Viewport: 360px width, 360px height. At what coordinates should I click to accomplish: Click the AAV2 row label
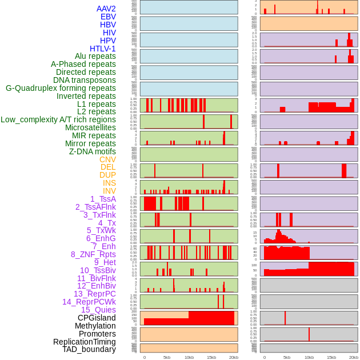(106, 9)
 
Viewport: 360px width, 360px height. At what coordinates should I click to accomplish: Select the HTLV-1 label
(103, 49)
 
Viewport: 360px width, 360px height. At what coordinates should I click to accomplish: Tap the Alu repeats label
(95, 56)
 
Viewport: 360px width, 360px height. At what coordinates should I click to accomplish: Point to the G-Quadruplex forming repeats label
(61, 88)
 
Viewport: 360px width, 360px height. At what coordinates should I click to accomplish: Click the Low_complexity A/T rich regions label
(58, 119)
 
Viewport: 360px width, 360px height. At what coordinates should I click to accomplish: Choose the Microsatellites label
(90, 127)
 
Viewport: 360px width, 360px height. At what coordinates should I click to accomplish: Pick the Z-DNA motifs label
(93, 151)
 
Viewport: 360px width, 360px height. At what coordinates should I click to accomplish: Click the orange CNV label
(107, 159)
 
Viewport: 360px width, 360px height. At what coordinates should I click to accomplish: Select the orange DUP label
(107, 175)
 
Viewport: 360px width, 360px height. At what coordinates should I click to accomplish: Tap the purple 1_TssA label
(103, 199)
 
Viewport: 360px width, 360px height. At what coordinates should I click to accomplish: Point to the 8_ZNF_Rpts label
(93, 254)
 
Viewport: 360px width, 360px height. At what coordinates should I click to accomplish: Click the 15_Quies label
(98, 310)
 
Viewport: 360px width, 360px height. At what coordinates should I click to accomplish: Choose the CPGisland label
(97, 318)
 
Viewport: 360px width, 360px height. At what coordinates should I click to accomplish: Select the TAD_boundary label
(89, 349)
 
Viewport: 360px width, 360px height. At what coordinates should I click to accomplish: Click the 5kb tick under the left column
(167, 357)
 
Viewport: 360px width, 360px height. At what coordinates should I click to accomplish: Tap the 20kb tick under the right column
(354, 357)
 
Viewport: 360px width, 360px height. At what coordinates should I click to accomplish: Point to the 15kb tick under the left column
(211, 357)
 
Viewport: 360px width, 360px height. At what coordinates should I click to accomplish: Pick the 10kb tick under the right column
(309, 357)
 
